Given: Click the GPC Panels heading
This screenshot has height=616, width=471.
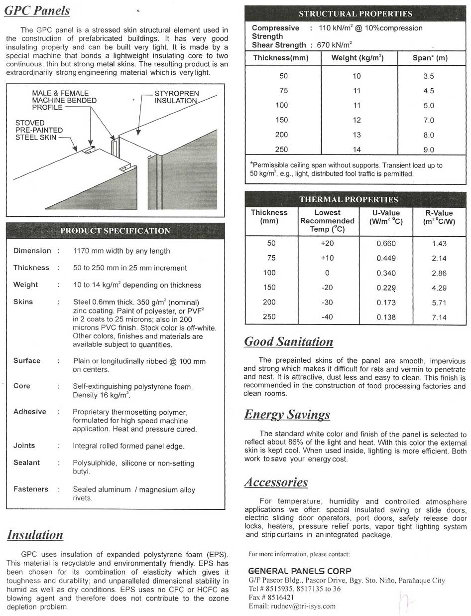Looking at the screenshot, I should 37,10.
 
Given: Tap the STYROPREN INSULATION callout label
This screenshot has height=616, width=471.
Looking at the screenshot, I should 176,97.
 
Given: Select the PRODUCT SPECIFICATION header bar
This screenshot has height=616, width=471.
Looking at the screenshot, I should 115,231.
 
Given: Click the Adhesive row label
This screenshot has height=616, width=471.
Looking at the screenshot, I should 30,412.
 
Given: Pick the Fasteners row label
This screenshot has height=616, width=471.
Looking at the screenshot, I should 30,489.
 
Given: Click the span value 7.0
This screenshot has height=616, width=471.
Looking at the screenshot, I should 429,120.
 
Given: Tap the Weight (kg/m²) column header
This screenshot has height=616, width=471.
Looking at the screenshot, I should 358,58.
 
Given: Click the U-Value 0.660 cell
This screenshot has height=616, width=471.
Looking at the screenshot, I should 386,244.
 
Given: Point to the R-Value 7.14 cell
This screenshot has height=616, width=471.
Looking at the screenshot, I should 440,317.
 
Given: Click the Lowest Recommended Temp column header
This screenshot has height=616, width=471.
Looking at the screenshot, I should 327,221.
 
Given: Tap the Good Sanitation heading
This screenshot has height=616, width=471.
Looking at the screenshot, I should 288,342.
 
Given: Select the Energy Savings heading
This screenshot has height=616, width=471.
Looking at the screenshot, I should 287,415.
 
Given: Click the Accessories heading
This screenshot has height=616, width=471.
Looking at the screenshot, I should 276,482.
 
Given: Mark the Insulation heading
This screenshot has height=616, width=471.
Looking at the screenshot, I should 35,535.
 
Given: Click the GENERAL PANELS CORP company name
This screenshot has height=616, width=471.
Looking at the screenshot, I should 299,571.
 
